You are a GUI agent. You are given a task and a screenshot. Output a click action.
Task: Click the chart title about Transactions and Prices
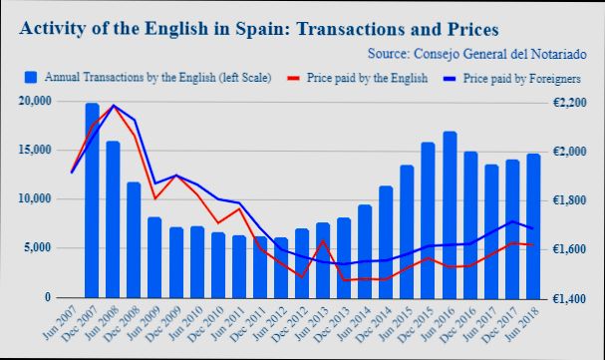[x=259, y=27]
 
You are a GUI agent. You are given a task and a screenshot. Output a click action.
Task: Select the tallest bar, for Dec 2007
[x=93, y=199]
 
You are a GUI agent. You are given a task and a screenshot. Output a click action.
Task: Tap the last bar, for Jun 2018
[x=533, y=225]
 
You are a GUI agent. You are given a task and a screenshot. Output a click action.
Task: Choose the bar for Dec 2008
[x=134, y=239]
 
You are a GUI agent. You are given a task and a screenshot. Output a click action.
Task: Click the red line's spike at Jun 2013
[x=324, y=241]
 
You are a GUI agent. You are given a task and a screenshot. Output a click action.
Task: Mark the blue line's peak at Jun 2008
[x=113, y=106]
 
